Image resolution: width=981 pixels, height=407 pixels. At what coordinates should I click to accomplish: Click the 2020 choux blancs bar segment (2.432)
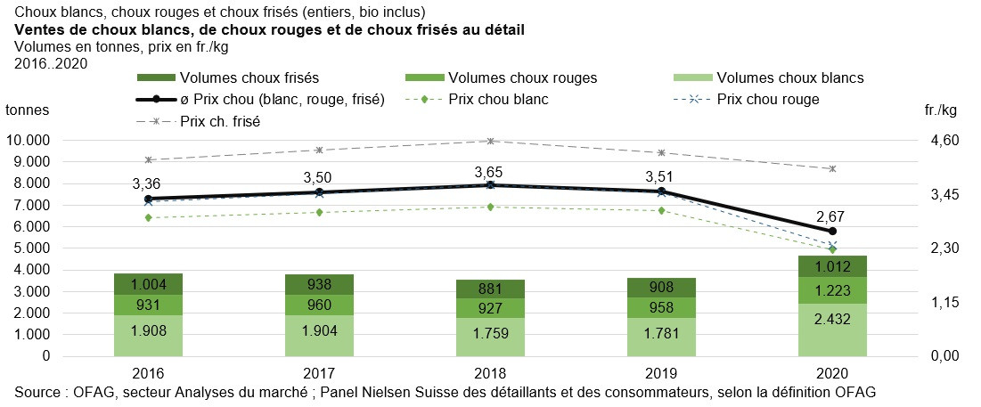[x=832, y=330]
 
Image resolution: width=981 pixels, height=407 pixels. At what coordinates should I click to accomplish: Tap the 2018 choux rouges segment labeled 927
[x=490, y=308]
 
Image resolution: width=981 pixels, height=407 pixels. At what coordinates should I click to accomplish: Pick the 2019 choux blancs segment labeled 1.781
[x=661, y=337]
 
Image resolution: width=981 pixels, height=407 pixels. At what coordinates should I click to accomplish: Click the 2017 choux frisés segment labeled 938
[x=318, y=285]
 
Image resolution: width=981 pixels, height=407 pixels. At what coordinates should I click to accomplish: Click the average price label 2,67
[x=832, y=216]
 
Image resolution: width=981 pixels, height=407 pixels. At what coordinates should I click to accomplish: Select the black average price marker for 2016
[x=149, y=199]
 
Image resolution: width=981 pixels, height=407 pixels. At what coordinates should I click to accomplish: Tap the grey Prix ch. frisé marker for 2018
[x=490, y=141]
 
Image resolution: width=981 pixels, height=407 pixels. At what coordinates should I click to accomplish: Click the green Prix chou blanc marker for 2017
[x=320, y=212]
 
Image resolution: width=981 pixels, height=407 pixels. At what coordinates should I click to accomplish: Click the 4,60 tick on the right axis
[x=943, y=141]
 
